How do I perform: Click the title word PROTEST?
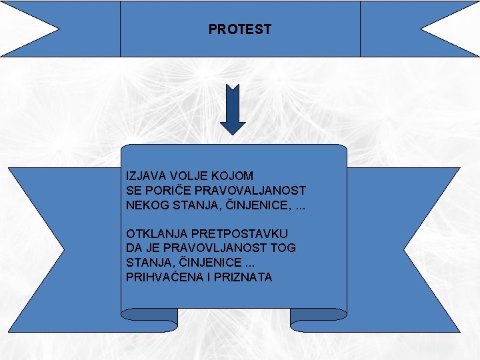click(240, 29)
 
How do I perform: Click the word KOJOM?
click(232, 176)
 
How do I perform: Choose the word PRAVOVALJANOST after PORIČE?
click(248, 191)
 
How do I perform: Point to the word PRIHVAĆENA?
click(162, 277)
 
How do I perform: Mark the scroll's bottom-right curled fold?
click(319, 321)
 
